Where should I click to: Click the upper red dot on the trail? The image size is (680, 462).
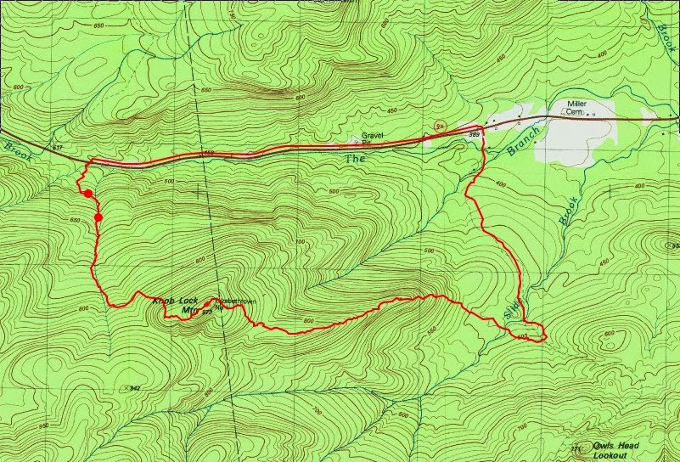(87, 194)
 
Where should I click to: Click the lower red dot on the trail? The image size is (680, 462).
(98, 217)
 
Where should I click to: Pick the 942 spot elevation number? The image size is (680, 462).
(133, 387)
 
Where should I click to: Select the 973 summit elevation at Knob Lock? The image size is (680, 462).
(205, 312)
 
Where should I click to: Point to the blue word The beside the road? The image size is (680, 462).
(353, 159)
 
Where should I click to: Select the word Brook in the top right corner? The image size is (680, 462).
(665, 38)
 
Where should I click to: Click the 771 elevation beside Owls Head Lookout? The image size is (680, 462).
(576, 448)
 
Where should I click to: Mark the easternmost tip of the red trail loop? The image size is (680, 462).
(545, 337)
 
